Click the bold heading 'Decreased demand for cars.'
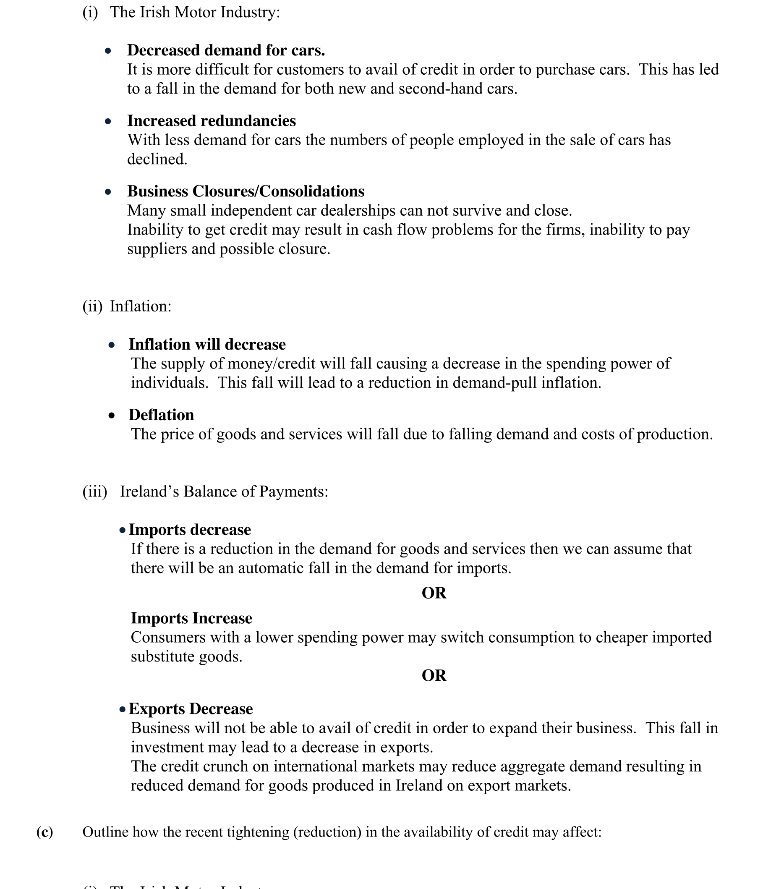[x=226, y=50]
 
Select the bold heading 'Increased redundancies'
[x=211, y=120]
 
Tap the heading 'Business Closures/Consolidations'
[x=246, y=191]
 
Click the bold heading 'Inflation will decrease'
[x=207, y=344]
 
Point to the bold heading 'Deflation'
[x=161, y=414]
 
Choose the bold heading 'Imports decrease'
[x=190, y=529]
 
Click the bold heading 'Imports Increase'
[x=191, y=618]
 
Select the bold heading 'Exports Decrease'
[x=191, y=709]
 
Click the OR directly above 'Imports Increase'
[x=434, y=593]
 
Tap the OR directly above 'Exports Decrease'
[x=434, y=675]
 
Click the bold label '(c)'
[x=44, y=831]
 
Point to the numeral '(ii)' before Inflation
[x=92, y=306]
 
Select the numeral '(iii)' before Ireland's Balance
[x=94, y=491]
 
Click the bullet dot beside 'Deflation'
[x=112, y=415]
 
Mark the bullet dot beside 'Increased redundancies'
[x=108, y=121]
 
